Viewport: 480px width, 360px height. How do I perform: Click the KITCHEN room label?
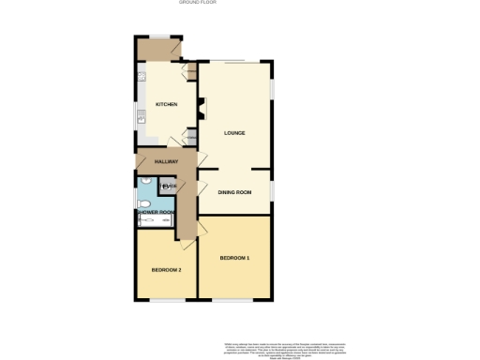pyautogui.click(x=167, y=104)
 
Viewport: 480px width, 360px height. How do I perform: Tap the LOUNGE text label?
pyautogui.click(x=234, y=132)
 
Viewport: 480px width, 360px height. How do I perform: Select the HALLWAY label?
pyautogui.click(x=167, y=161)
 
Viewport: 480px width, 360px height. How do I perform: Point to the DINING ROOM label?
pyautogui.click(x=234, y=192)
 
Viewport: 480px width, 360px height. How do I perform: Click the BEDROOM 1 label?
pyautogui.click(x=234, y=257)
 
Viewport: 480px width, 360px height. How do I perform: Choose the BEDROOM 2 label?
pyautogui.click(x=166, y=269)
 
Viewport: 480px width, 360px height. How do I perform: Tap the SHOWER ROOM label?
pyautogui.click(x=156, y=213)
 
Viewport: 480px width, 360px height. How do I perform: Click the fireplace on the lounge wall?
pyautogui.click(x=202, y=110)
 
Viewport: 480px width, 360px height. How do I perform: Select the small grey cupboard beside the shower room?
pyautogui.click(x=167, y=186)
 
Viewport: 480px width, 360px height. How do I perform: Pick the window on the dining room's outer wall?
pyautogui.click(x=273, y=190)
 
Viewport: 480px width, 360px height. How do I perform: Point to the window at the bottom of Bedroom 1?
pyautogui.click(x=234, y=301)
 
